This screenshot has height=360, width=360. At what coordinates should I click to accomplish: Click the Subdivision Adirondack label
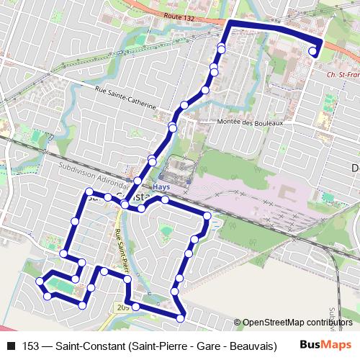[x=94, y=174]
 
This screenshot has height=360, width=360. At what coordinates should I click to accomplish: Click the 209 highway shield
[x=121, y=307]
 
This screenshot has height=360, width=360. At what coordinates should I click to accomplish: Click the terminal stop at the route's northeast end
[x=313, y=51]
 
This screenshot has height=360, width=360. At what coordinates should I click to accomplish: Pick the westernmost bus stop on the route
[x=40, y=280]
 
